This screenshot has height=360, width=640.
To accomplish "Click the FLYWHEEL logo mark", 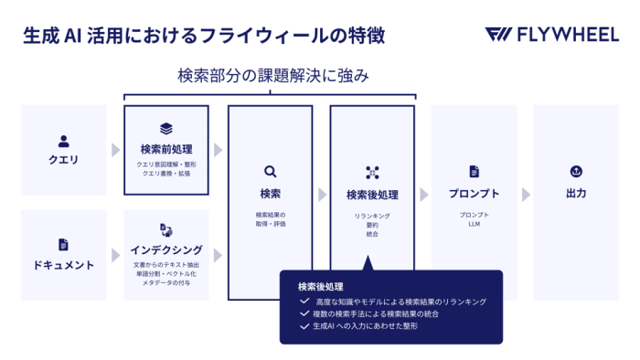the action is tap(499, 36).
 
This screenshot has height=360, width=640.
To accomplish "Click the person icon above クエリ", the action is tap(64, 142).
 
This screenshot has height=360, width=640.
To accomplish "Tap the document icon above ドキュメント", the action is tap(64, 245).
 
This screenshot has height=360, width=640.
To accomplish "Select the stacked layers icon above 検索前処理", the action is tap(166, 129).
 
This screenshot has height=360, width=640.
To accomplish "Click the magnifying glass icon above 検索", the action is tap(270, 171).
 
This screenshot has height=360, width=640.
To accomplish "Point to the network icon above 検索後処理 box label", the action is tap(372, 172).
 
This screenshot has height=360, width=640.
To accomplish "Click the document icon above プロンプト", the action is tap(474, 172).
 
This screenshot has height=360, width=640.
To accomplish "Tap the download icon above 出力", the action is tap(576, 172).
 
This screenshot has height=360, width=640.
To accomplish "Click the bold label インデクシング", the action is tap(166, 249).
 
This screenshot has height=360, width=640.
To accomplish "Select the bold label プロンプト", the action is tap(474, 194).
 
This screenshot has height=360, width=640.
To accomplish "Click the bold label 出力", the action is tap(576, 194).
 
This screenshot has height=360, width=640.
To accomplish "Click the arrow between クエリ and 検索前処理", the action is tap(115, 150).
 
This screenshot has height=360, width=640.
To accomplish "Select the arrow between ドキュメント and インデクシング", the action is tap(115, 255).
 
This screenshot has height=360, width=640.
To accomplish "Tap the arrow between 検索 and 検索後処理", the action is tap(322, 195).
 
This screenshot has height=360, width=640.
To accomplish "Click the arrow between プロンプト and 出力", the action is tap(526, 195).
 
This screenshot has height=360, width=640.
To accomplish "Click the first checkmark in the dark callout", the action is tap(304, 302).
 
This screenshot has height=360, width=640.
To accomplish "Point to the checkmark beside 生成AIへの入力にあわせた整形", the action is tap(304, 325).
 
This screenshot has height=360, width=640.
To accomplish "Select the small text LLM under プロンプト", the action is tap(474, 224).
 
